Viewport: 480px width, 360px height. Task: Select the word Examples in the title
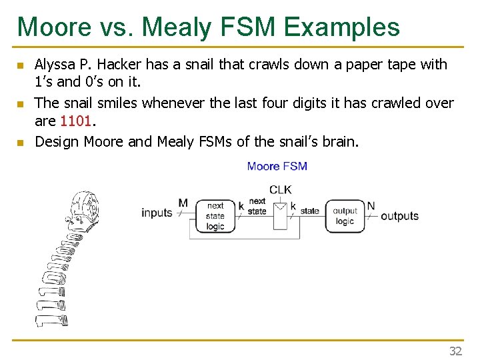click(x=341, y=27)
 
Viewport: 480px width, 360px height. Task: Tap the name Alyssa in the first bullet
click(x=56, y=65)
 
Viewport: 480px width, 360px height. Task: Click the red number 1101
click(x=77, y=122)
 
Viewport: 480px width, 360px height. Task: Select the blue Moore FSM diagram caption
click(x=277, y=166)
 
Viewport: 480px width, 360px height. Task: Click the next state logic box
click(x=215, y=216)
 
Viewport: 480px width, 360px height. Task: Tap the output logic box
click(x=345, y=216)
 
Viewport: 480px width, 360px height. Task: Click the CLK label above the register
click(x=281, y=189)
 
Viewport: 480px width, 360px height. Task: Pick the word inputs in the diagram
click(x=157, y=213)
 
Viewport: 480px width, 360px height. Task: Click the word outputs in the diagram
click(x=399, y=215)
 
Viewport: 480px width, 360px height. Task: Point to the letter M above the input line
click(x=183, y=203)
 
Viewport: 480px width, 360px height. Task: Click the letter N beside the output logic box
click(x=371, y=205)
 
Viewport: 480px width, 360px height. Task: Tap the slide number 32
click(x=456, y=351)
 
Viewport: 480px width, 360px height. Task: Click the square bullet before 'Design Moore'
click(x=21, y=142)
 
